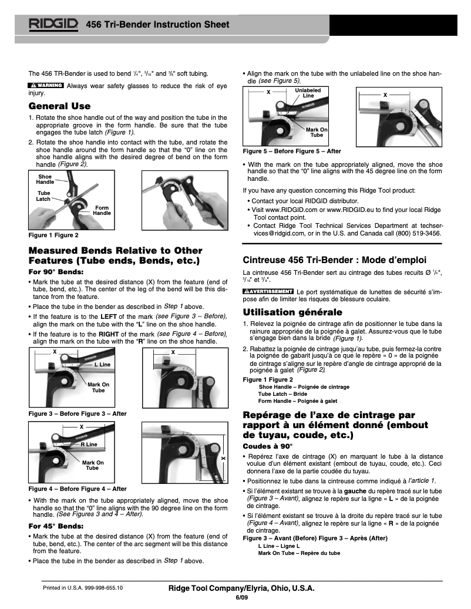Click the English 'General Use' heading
59,106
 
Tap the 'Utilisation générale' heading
292,312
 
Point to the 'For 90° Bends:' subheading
56,272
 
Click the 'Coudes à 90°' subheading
268,446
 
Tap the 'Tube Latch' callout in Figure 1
44,196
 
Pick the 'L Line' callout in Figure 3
102,365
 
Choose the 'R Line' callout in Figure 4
89,445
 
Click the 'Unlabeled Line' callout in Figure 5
308,92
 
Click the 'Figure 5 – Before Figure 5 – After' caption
292,152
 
